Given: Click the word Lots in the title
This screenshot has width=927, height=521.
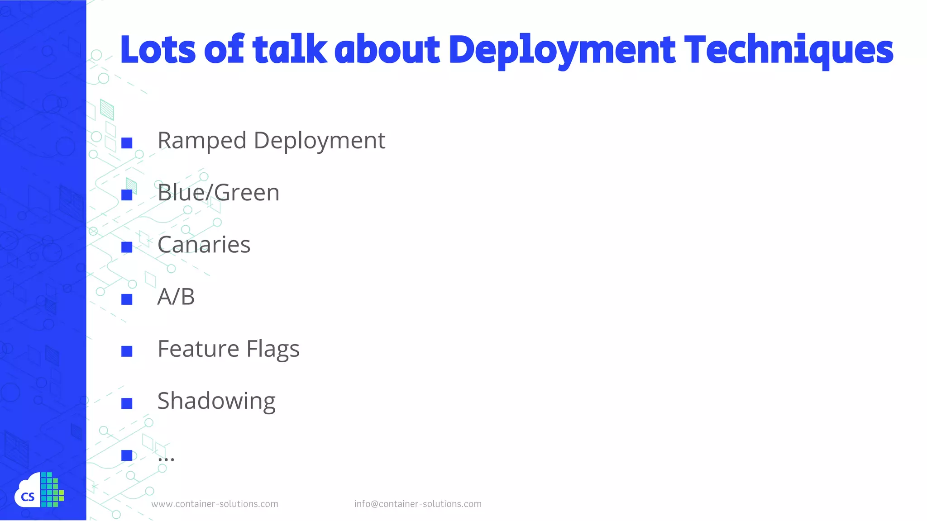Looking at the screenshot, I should tap(158, 50).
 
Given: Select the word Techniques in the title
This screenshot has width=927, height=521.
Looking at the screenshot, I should tap(788, 50).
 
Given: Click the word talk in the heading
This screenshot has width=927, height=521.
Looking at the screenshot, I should tap(290, 50).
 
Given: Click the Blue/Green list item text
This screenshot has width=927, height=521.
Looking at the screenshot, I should tap(218, 193).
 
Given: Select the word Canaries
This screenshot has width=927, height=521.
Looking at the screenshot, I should tap(204, 245).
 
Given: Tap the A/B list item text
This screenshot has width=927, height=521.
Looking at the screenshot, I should tap(176, 297).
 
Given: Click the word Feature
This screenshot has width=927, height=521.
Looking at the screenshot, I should tap(198, 349).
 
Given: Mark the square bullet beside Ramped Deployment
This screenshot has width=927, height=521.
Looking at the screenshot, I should tap(127, 143).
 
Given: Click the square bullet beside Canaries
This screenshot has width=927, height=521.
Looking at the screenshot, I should tap(127, 247).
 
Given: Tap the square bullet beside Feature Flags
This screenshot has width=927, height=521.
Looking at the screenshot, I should tap(127, 351).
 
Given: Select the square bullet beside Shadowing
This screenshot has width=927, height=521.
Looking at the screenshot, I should tap(127, 403).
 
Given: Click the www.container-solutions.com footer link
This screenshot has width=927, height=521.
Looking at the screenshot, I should tap(215, 504).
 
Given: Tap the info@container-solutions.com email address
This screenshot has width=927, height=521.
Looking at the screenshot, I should tap(417, 504).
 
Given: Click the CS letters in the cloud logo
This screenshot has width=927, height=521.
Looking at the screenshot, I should tap(28, 497).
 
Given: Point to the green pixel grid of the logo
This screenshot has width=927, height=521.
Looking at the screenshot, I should tap(52, 490).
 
